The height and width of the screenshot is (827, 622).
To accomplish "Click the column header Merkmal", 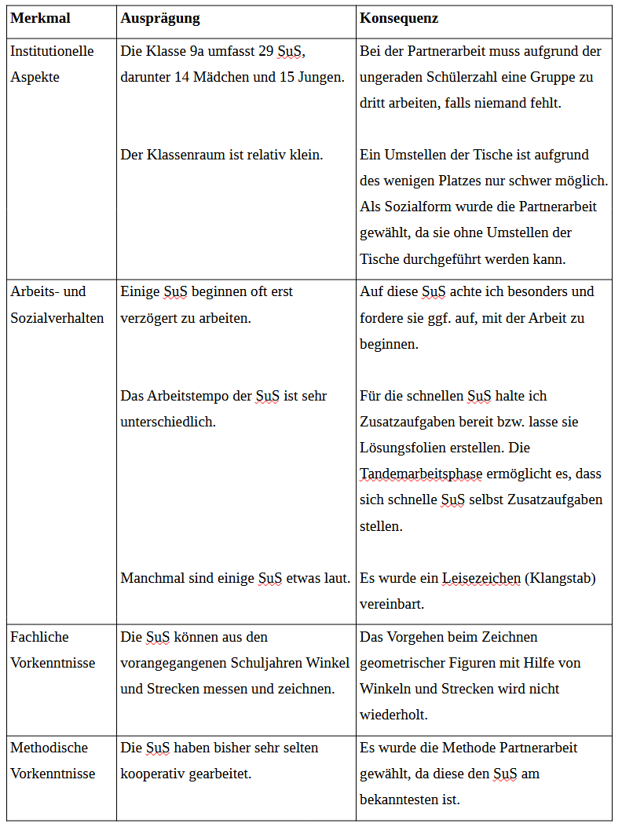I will (x=40, y=18).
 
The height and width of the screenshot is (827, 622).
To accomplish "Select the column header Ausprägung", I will (x=160, y=18).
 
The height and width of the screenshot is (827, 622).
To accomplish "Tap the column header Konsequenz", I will (x=399, y=18).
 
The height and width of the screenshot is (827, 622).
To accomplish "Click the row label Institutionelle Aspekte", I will (x=52, y=64).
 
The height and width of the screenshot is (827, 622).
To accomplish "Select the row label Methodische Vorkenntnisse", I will (x=53, y=760).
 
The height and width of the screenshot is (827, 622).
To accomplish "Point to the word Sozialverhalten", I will (x=57, y=318).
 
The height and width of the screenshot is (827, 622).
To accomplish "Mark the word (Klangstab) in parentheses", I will (x=561, y=579).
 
